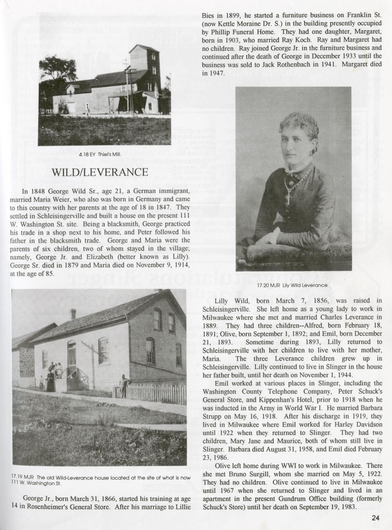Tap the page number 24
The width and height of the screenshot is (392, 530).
[375, 518]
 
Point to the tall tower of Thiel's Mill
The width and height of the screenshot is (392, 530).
[145, 65]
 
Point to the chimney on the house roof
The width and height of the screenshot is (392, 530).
[73, 314]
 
